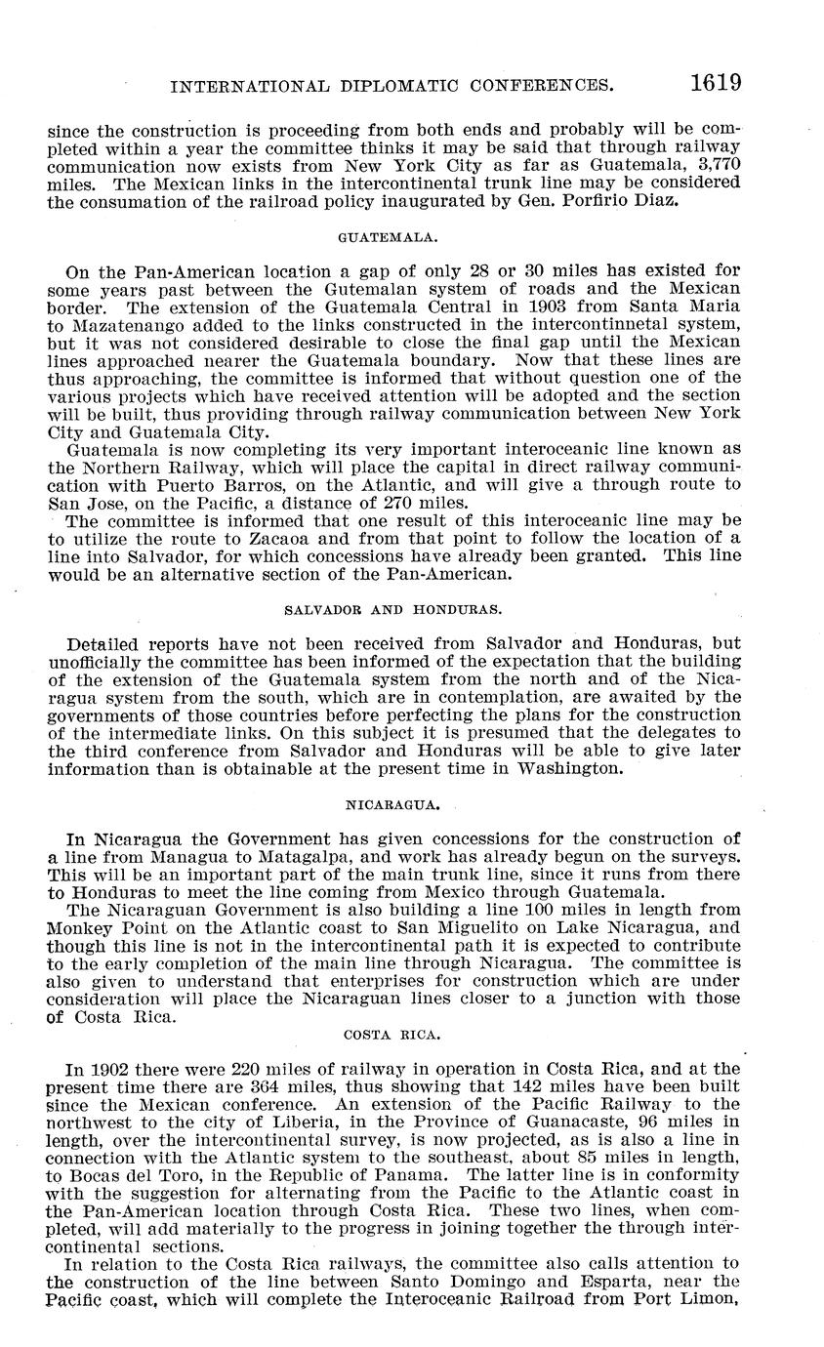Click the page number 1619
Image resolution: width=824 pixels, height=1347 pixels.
click(x=716, y=84)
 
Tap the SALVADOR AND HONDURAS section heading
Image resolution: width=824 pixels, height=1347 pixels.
click(x=392, y=609)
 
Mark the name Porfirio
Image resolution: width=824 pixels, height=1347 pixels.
click(x=542, y=201)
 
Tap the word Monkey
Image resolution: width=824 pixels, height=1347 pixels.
click(x=79, y=928)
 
